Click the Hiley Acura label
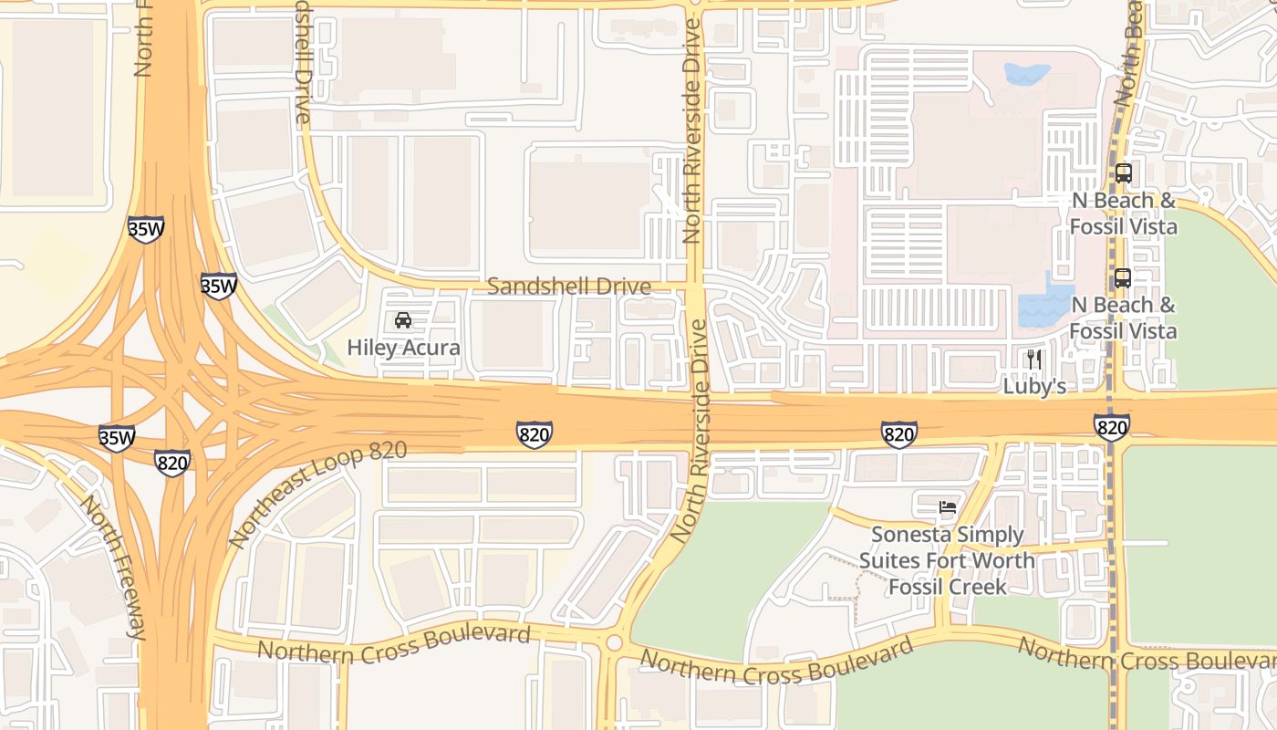pyautogui.click(x=403, y=348)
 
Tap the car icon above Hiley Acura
pyautogui.click(x=403, y=320)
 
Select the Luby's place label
pyautogui.click(x=1034, y=386)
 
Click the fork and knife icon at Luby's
pyautogui.click(x=1033, y=359)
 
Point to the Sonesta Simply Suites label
pyautogui.click(x=947, y=560)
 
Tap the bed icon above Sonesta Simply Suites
pyautogui.click(x=948, y=507)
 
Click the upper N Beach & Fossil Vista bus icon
pyautogui.click(x=1123, y=172)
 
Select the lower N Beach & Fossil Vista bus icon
pyautogui.click(x=1122, y=278)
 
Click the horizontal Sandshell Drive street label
pyautogui.click(x=569, y=287)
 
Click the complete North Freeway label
pyautogui.click(x=114, y=566)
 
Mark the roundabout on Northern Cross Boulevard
pyautogui.click(x=613, y=643)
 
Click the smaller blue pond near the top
pyautogui.click(x=1027, y=74)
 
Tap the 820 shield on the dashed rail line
pyautogui.click(x=1112, y=426)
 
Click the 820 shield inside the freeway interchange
pyautogui.click(x=172, y=463)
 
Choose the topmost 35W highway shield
pyautogui.click(x=146, y=229)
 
